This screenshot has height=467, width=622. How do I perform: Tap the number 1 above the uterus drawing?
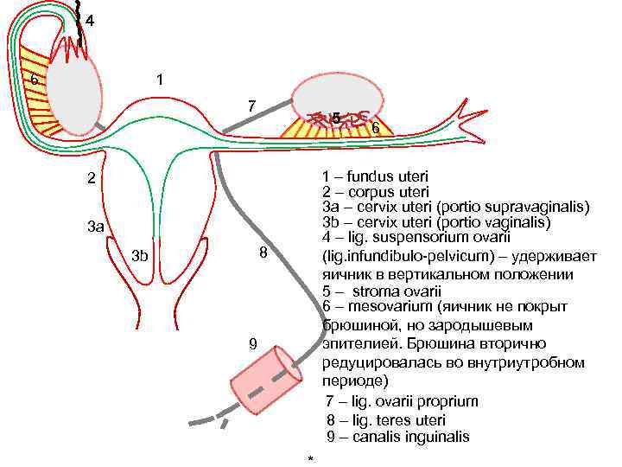click(160, 80)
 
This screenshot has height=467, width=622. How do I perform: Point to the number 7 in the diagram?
click(251, 106)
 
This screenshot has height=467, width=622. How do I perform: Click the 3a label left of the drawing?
click(96, 227)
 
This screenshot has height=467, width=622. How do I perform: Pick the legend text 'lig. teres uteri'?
click(397, 420)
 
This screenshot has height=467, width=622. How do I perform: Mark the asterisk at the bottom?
click(310, 457)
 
